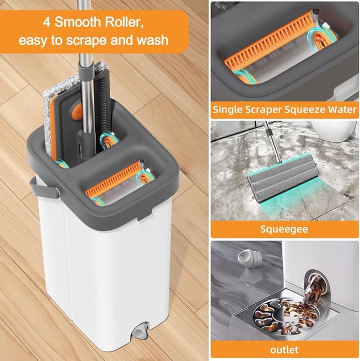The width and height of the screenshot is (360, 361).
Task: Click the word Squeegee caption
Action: (284, 229)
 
